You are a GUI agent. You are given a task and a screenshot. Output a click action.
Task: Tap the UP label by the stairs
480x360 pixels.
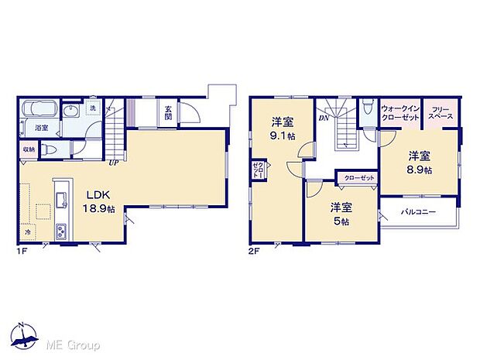pyautogui.click(x=112, y=163)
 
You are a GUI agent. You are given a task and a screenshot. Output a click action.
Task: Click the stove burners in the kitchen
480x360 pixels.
pyautogui.click(x=62, y=230)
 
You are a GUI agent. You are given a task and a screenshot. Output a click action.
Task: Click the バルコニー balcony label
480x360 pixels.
pyautogui.click(x=418, y=211)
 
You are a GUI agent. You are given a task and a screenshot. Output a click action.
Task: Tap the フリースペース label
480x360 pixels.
pyautogui.click(x=441, y=111)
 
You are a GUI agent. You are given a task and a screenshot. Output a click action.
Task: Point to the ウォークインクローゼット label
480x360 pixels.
pyautogui.click(x=399, y=111)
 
